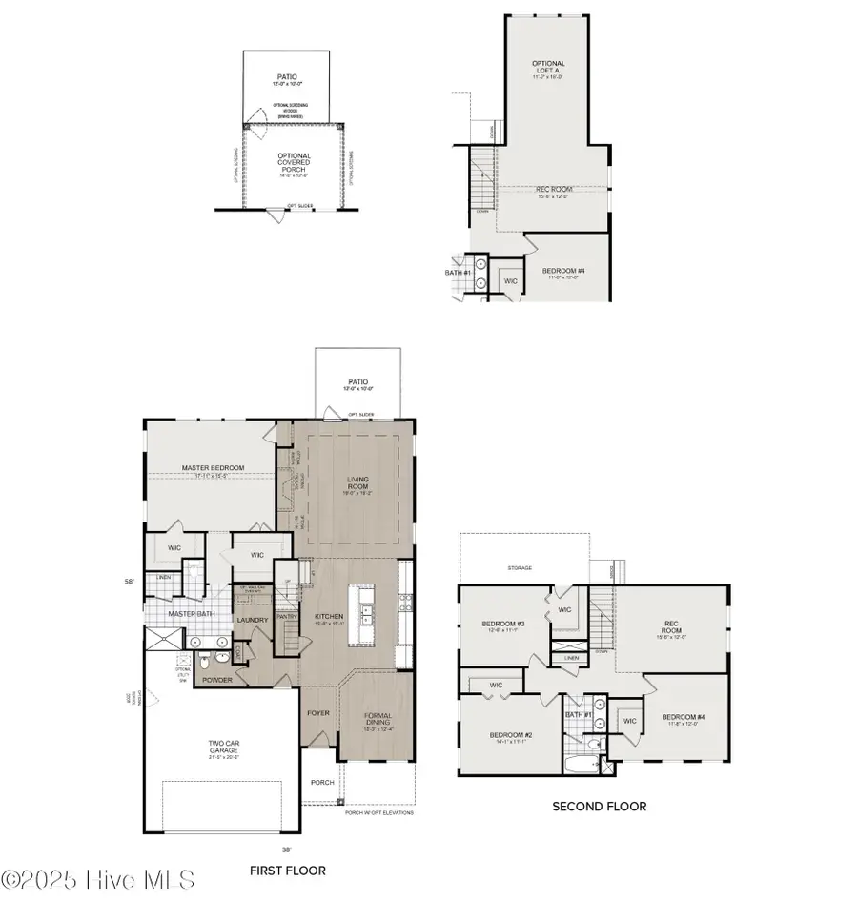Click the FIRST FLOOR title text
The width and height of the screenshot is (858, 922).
coord(287,871)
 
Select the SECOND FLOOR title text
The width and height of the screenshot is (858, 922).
coord(599,807)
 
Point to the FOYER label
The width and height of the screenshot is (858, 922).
coord(317,712)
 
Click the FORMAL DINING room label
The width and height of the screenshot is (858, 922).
coord(378,720)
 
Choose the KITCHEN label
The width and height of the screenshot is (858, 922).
coord(328,617)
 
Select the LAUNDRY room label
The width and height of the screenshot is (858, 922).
coord(252,621)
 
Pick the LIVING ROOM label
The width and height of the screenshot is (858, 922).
coord(357,483)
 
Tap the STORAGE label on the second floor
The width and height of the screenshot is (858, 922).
coord(520,568)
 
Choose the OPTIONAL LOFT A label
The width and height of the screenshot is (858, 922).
coord(548,67)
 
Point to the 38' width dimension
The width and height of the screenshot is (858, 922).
coord(286,848)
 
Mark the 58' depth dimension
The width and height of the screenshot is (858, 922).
coord(128,580)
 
